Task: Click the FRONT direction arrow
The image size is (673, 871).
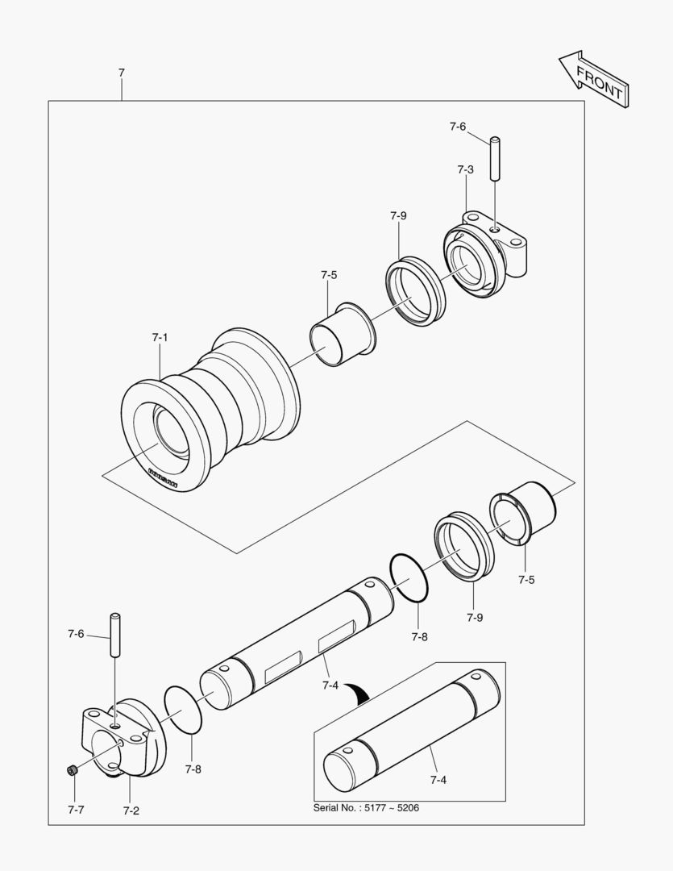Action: click(x=593, y=80)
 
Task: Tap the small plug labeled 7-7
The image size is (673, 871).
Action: click(x=72, y=772)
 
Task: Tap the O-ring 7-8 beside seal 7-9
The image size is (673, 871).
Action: click(x=410, y=577)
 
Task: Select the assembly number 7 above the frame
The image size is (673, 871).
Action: click(x=121, y=73)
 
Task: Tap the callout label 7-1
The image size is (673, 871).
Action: click(x=160, y=337)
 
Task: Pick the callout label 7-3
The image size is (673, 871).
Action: click(x=465, y=169)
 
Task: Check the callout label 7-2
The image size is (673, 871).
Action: click(x=131, y=811)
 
